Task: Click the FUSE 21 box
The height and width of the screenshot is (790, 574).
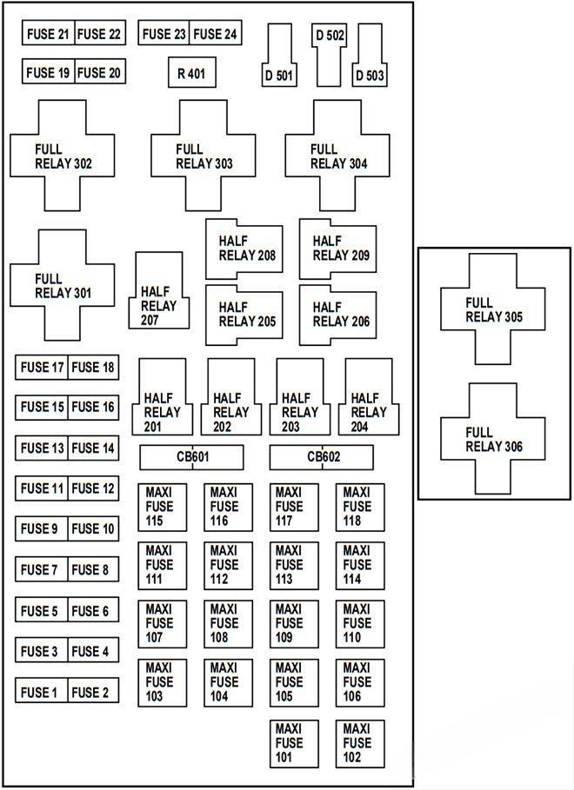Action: pos(48,34)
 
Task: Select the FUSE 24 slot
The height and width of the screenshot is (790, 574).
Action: pos(215,34)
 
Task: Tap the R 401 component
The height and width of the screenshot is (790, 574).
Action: pos(191,74)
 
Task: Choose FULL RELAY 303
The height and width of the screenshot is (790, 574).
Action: pos(204,156)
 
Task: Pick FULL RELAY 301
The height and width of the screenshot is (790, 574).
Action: pos(63,285)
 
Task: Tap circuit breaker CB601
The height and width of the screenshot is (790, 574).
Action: pos(191,457)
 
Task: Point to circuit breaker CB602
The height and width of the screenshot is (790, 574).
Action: pos(322,457)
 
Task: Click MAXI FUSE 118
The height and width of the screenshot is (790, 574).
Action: pos(360,508)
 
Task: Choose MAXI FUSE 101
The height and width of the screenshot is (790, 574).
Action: pos(294,743)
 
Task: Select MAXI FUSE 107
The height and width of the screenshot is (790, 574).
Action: pos(162,624)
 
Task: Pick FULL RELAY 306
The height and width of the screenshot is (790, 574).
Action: pos(493,440)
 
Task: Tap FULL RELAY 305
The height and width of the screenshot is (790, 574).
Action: pos(493,309)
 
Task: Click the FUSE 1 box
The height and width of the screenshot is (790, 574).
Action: pos(40,692)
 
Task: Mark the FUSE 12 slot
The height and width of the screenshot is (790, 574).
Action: pos(93,488)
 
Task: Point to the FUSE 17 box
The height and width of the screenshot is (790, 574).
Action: pos(42,368)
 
